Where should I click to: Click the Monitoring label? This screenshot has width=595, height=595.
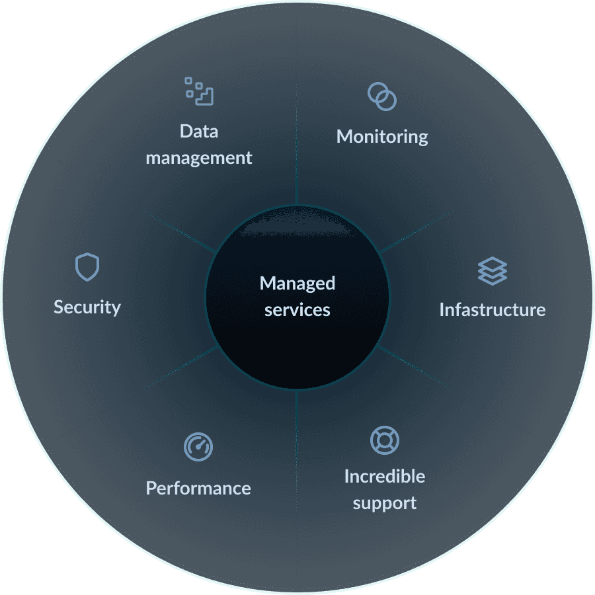click(x=382, y=137)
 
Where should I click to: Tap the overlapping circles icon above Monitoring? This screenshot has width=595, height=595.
click(x=382, y=97)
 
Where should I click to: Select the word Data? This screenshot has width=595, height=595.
click(x=198, y=131)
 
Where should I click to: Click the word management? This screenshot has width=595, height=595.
click(x=198, y=159)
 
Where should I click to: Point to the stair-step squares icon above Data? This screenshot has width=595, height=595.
click(x=199, y=91)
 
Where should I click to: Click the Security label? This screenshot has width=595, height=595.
click(x=87, y=307)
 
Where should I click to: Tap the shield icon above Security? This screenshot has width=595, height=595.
click(x=87, y=267)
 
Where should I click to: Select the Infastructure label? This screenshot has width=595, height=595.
click(x=492, y=309)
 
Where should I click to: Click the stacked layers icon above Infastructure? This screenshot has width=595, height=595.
click(x=492, y=271)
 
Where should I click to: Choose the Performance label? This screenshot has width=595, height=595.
click(x=198, y=489)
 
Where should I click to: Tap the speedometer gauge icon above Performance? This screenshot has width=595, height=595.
click(x=198, y=448)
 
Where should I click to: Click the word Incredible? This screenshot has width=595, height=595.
click(x=384, y=476)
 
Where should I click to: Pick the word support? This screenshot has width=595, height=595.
click(x=384, y=503)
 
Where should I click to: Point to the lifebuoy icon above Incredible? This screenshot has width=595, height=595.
click(x=384, y=440)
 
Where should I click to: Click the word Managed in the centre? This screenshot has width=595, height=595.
click(x=297, y=284)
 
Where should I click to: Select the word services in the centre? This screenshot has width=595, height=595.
click(x=297, y=310)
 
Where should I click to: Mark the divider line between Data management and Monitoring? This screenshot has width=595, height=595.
click(x=297, y=145)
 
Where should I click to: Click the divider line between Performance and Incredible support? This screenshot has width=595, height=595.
click(x=297, y=450)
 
